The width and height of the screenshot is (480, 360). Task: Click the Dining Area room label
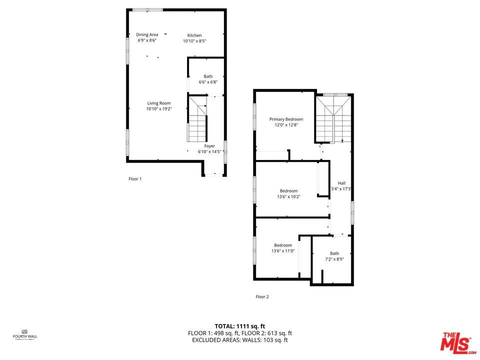pos(147,34)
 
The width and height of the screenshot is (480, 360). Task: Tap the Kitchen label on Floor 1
pos(194,35)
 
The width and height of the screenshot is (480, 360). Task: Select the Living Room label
pos(158,103)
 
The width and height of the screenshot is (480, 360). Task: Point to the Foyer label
pos(209,146)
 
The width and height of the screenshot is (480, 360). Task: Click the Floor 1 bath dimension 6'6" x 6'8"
pos(208,82)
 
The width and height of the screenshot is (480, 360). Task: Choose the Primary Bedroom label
pos(286,119)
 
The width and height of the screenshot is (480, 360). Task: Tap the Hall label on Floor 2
pos(341,183)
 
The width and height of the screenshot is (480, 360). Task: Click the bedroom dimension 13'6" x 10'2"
pos(288,196)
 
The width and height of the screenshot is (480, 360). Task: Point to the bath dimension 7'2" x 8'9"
pos(334,259)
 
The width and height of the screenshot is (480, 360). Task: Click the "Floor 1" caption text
pos(135,178)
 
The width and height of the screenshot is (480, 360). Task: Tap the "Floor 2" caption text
pos(262,296)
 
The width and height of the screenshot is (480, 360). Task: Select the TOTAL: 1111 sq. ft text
pos(239,325)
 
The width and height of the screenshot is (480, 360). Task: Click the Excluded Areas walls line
pos(239,340)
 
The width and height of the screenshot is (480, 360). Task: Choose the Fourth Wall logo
pos(25,333)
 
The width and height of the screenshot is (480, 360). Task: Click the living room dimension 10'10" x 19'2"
pos(158,109)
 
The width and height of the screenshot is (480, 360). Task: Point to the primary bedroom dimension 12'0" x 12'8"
pos(286,125)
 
